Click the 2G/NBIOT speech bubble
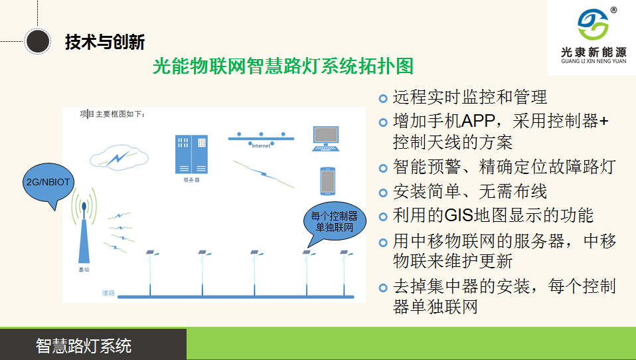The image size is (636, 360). click(48, 183)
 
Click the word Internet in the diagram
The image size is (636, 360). click(261, 146)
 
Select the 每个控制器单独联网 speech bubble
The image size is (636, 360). click(334, 222)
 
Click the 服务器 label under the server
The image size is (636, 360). click(191, 180)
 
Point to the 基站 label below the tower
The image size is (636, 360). click(84, 271)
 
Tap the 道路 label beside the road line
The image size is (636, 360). click(108, 293)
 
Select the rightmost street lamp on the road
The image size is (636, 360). click(345, 272)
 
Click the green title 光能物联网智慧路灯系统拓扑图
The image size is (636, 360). click(283, 66)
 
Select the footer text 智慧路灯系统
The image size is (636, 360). click(84, 346)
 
